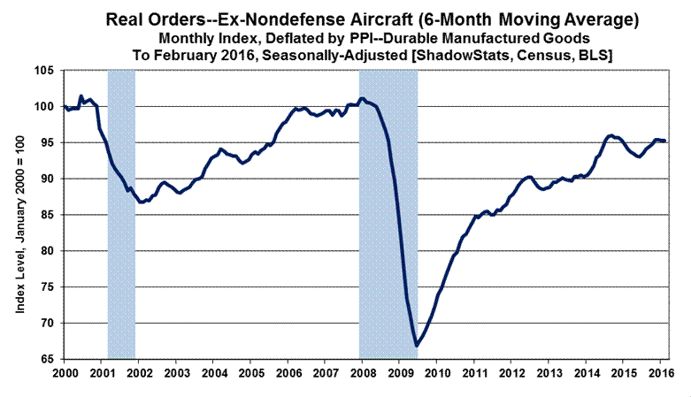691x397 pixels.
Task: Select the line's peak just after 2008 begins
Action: (x=362, y=98)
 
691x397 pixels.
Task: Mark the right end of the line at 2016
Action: (x=665, y=141)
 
